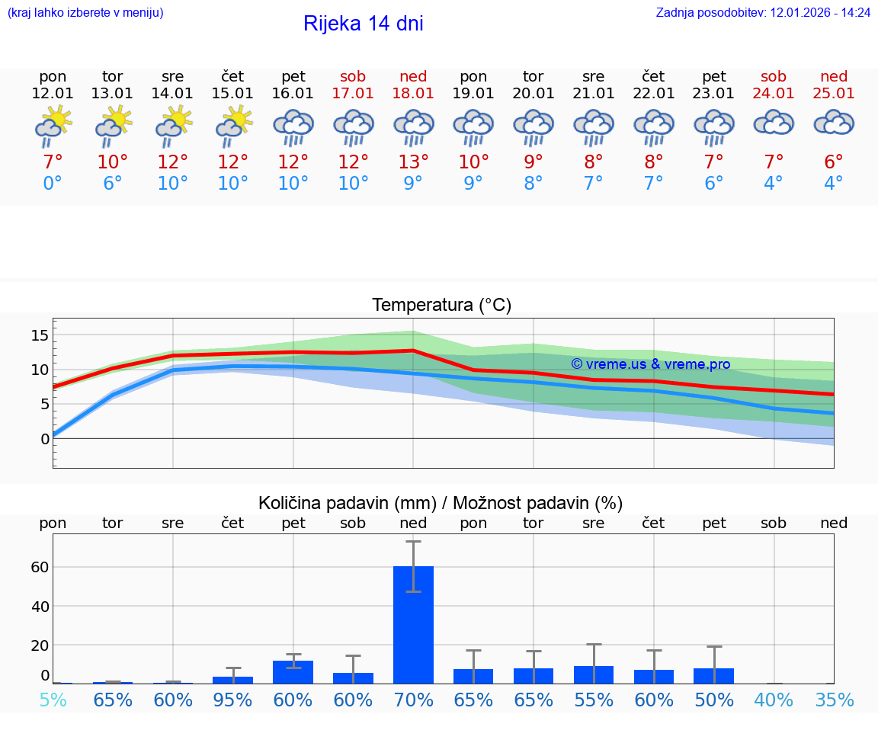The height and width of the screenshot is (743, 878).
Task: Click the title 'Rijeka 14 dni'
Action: (x=363, y=24)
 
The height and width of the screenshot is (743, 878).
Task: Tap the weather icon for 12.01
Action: (x=53, y=127)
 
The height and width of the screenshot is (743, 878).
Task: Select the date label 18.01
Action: (x=413, y=94)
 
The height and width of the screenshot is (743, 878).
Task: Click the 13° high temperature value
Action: (x=413, y=162)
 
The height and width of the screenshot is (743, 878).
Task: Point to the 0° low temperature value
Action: (x=53, y=184)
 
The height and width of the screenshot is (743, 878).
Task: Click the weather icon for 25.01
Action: (x=834, y=123)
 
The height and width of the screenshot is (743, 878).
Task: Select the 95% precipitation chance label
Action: (x=232, y=700)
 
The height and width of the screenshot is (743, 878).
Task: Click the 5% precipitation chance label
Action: (x=53, y=700)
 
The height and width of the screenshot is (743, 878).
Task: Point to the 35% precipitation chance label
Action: (x=834, y=700)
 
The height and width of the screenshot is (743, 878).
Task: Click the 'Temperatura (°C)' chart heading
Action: (x=441, y=306)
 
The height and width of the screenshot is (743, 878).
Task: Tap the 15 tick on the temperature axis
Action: (x=40, y=335)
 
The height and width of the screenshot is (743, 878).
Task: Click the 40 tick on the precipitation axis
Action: (x=40, y=607)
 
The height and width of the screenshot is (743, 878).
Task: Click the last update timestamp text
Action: (x=763, y=13)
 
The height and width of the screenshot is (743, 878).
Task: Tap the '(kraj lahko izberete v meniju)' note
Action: (x=85, y=13)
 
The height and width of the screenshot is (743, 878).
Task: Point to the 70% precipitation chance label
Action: (x=413, y=700)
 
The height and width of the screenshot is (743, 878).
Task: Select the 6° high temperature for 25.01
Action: (x=834, y=162)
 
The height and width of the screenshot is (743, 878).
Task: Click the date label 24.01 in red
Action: (x=774, y=94)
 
